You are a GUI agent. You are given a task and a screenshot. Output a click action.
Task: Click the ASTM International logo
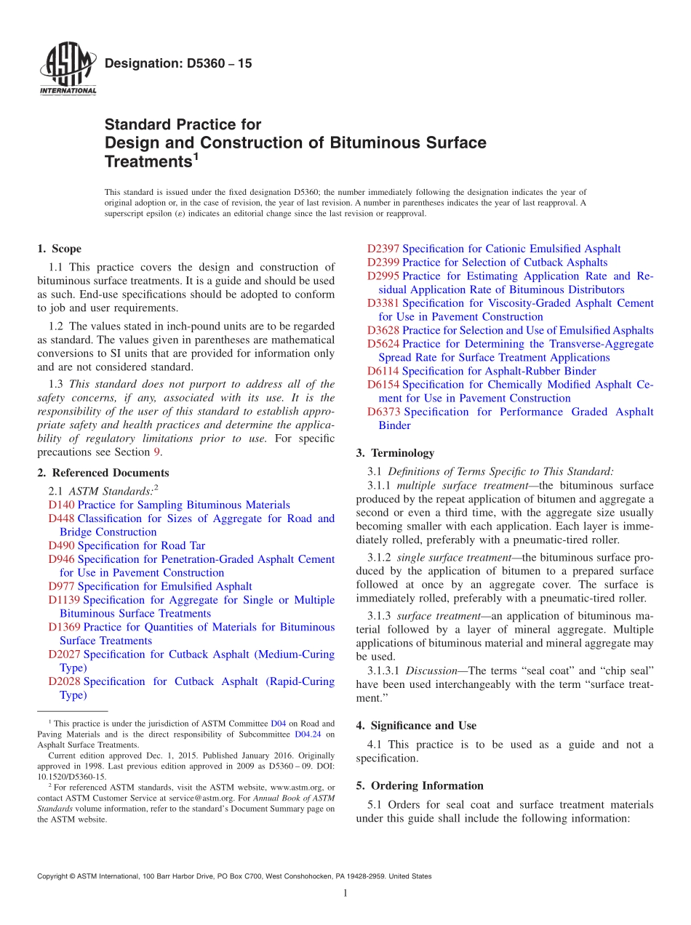67,70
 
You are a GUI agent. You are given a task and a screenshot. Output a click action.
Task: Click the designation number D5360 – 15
178,64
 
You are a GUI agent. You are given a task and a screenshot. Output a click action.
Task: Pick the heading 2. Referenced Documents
103,473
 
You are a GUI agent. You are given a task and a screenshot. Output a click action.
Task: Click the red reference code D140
61,505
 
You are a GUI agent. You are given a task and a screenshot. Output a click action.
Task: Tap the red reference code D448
61,518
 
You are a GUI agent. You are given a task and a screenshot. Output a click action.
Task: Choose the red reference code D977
61,586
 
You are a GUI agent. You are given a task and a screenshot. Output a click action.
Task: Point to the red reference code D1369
65,627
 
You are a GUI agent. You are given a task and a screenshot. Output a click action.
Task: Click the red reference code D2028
65,681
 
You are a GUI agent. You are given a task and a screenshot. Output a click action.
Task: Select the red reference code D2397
383,249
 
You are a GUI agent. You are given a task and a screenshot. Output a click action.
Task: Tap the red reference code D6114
383,371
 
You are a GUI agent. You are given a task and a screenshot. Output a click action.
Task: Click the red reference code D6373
383,412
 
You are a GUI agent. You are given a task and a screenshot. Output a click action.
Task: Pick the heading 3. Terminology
395,453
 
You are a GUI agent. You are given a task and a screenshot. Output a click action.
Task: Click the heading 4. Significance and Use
416,726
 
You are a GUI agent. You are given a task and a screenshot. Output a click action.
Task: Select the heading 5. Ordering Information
420,785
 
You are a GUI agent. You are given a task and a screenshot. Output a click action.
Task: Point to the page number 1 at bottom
345,893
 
